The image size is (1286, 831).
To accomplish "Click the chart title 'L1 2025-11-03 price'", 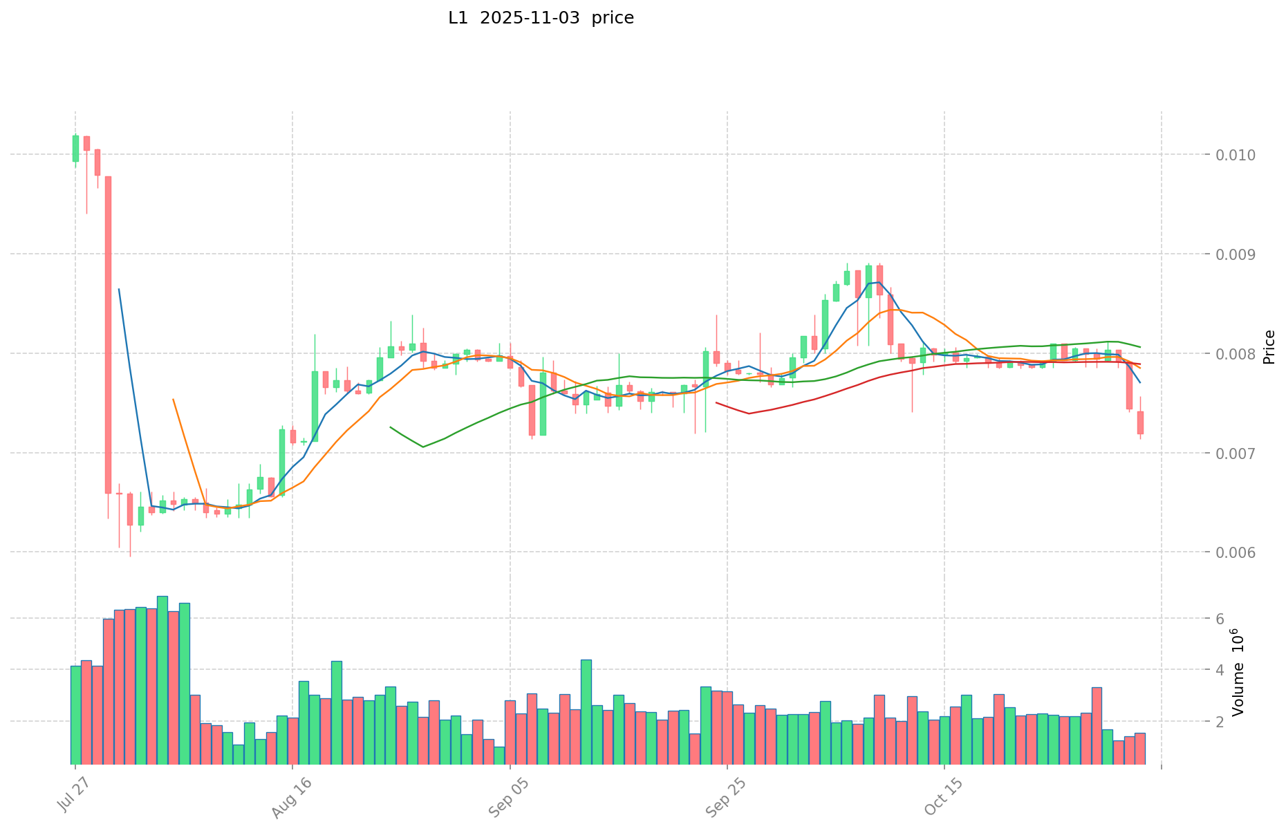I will [x=541, y=18].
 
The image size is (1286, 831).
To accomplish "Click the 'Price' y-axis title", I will [x=1269, y=347].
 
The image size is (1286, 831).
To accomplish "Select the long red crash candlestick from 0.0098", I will [x=108, y=335].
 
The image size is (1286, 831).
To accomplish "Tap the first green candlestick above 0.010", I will [x=75, y=149].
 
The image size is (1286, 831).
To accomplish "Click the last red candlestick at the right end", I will [x=1140, y=422].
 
